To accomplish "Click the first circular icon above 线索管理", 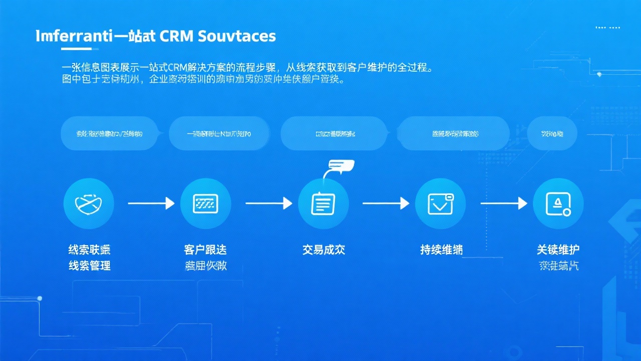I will pos(89,204).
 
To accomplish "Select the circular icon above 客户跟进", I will pos(205,204).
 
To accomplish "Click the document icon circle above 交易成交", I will pos(323,204).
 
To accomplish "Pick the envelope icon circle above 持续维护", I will pos(440,204).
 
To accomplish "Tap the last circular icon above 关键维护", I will pos(558,204).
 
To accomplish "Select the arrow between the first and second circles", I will pos(151,203).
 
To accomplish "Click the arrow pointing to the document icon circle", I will pos(268,203).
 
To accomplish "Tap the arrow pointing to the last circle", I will pos(503,203).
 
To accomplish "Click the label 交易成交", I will pos(324,250).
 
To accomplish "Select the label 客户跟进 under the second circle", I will pos(205,250).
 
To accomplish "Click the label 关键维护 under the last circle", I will pos(558,250).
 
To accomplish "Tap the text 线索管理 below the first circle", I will pos(89,266).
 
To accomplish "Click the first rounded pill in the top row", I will pos(109,133).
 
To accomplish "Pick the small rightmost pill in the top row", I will pos(552,133).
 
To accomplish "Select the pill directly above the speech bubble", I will pos(335,133).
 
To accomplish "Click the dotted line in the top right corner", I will pos(607,28).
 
